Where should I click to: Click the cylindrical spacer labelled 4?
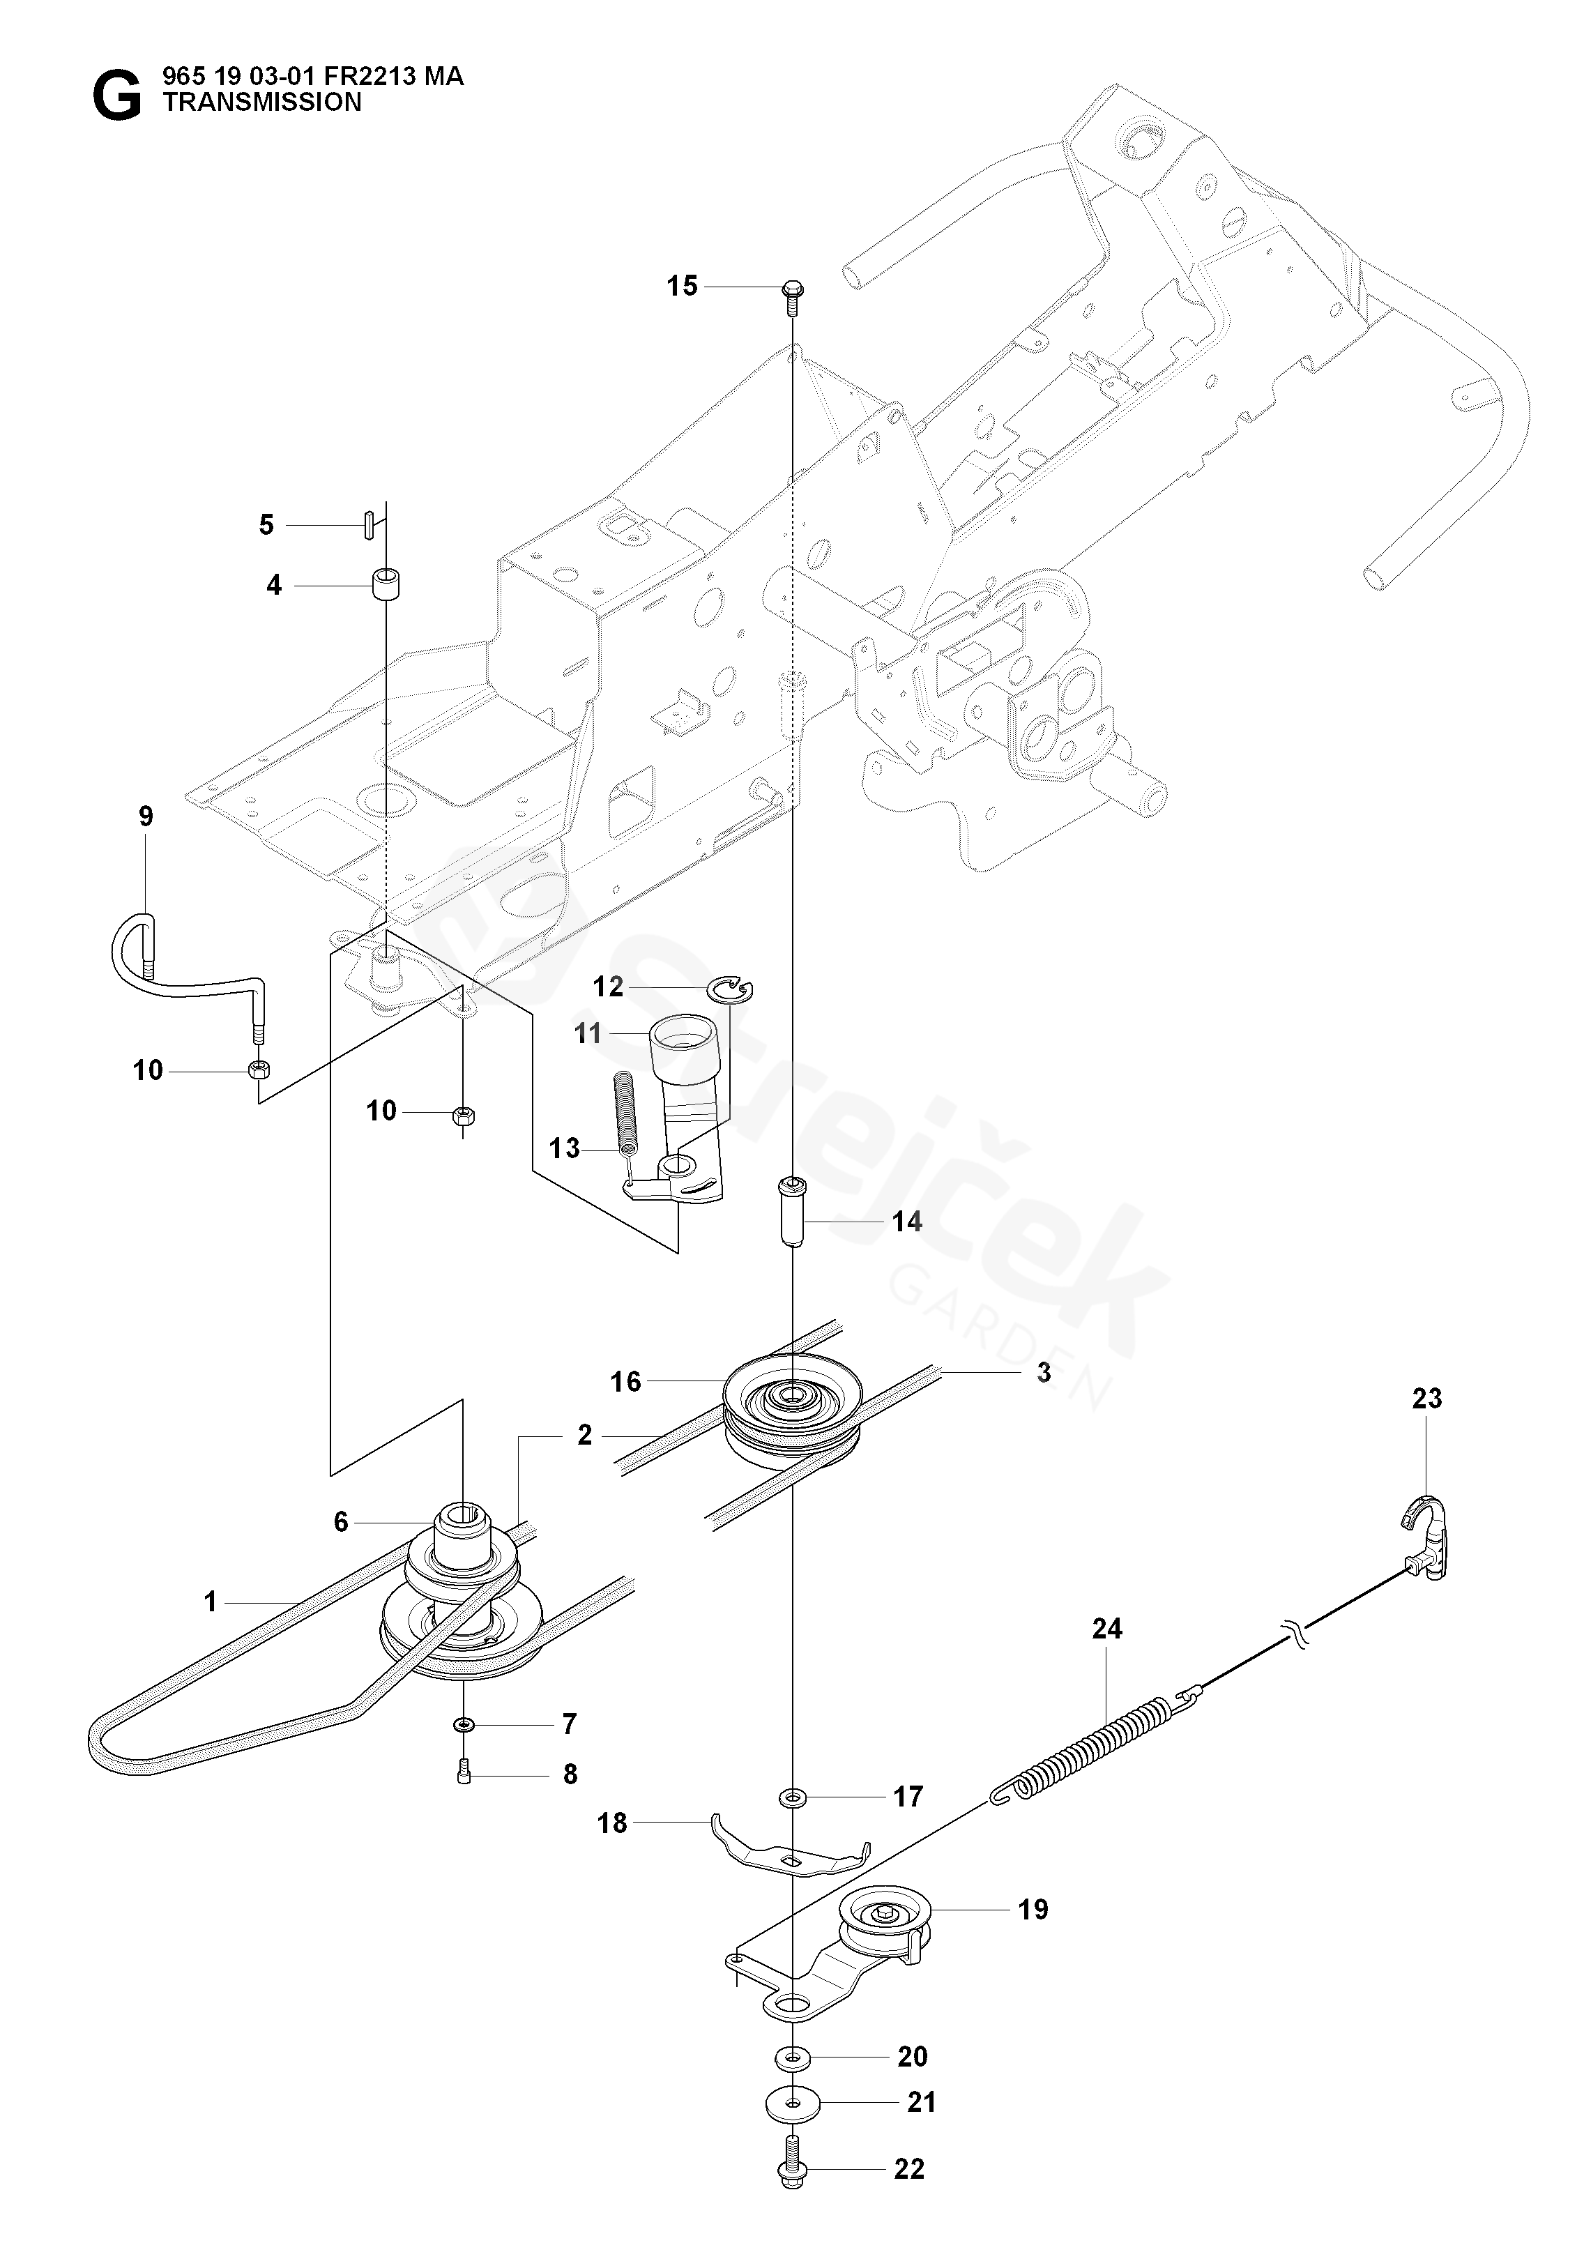(x=387, y=584)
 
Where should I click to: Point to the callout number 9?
(x=146, y=816)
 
